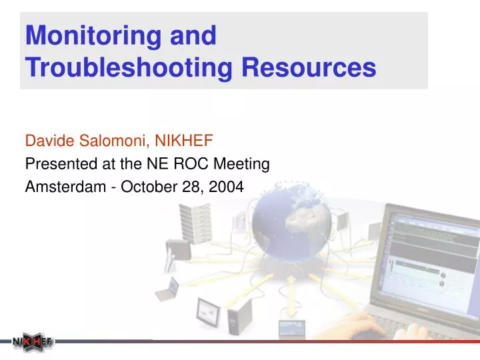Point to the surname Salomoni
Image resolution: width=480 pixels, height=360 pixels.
point(108,141)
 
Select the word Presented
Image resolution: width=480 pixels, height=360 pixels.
point(53,163)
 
